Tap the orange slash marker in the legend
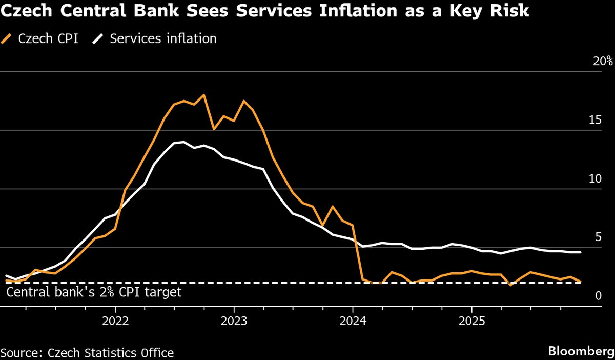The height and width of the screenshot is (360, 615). pyautogui.click(x=8, y=38)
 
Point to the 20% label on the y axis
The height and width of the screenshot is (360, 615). pyautogui.click(x=602, y=62)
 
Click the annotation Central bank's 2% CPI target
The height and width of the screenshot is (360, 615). pyautogui.click(x=94, y=292)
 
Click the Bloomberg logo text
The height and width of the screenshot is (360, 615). pyautogui.click(x=581, y=352)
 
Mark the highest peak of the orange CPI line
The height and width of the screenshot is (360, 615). pyautogui.click(x=204, y=95)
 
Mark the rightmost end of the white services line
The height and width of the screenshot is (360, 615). pyautogui.click(x=580, y=252)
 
